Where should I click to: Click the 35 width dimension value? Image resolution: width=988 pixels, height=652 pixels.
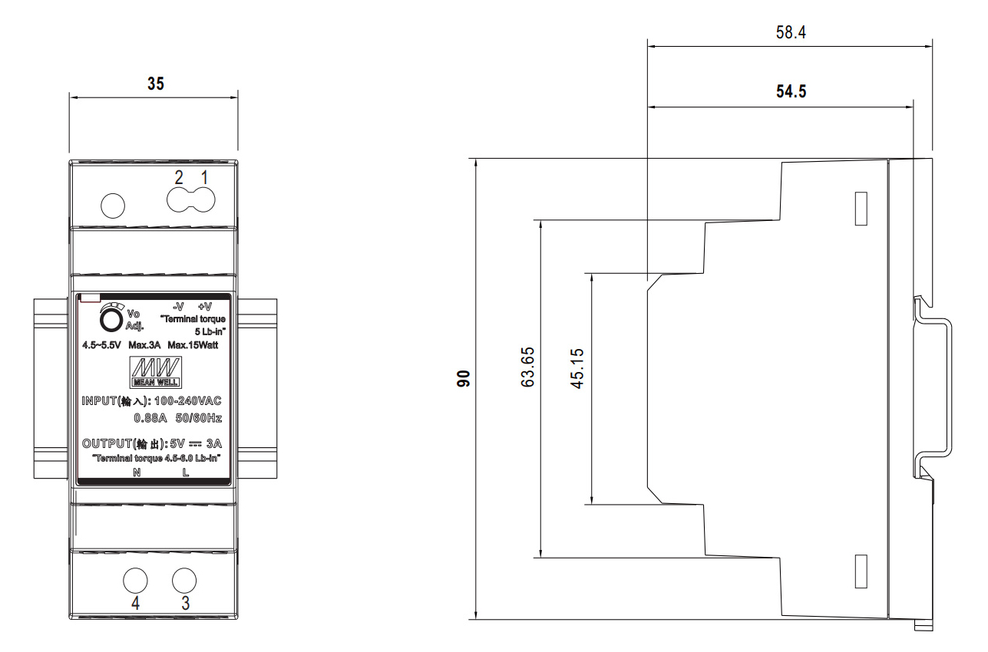(x=156, y=84)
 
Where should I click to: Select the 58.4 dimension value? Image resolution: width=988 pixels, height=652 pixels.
(x=791, y=32)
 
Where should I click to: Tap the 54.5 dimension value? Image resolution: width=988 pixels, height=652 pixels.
(x=791, y=91)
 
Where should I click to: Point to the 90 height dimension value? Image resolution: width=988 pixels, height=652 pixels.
(x=463, y=379)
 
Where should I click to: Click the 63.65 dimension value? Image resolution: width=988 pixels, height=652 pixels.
(x=527, y=367)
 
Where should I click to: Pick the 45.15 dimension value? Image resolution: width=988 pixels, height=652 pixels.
(x=577, y=368)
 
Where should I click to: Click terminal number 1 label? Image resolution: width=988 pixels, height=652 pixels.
(x=204, y=177)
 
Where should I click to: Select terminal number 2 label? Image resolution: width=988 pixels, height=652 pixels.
(x=179, y=177)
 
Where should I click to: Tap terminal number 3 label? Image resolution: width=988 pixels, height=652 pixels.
(x=186, y=603)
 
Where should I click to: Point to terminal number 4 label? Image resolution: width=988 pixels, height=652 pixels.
(x=135, y=603)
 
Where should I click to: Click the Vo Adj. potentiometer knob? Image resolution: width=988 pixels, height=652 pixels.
(x=111, y=320)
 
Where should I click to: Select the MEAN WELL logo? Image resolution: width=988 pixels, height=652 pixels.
(x=156, y=373)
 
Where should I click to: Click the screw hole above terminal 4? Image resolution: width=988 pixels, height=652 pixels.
(x=135, y=580)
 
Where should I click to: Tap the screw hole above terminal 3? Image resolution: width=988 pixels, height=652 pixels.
(x=184, y=580)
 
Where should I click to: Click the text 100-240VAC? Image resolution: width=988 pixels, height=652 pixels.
(x=188, y=400)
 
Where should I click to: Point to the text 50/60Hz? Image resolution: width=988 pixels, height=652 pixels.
(x=199, y=418)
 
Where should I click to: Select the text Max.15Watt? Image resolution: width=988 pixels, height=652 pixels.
(x=193, y=345)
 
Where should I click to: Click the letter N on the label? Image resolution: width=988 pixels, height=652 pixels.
(x=137, y=473)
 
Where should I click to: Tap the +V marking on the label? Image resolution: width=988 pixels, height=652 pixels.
(x=205, y=307)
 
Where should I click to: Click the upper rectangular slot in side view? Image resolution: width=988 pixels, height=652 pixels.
(x=861, y=209)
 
